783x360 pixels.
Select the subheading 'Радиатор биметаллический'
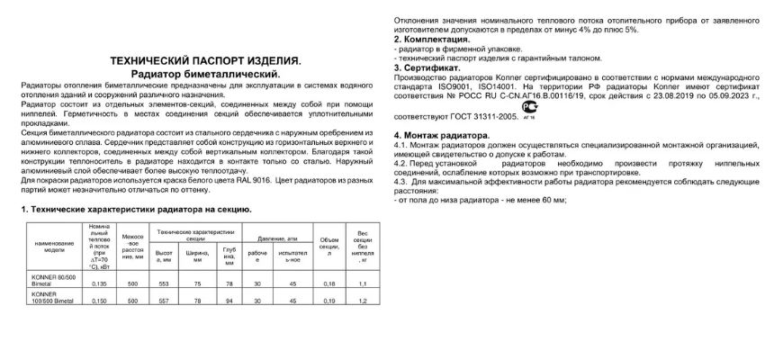[x=205, y=73]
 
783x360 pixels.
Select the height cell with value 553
[x=164, y=283]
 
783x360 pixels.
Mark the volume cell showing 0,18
[x=328, y=283]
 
